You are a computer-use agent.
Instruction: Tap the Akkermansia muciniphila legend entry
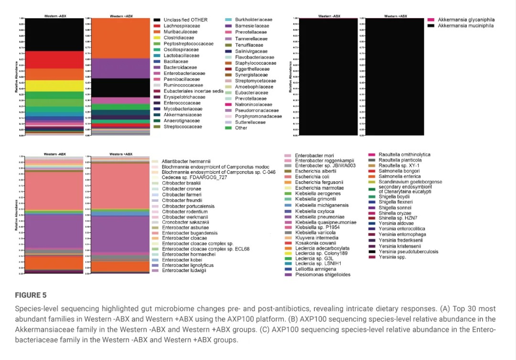coord(466,26)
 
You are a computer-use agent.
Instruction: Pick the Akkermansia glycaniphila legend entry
coord(466,20)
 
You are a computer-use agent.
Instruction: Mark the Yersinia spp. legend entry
coord(392,257)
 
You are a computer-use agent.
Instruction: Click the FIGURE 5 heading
coord(31,295)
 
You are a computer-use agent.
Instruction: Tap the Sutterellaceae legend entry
coord(250,122)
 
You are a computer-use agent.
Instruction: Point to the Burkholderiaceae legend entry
coord(254,20)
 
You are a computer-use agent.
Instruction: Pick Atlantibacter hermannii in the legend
coord(186,161)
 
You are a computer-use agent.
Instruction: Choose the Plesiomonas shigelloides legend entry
coord(322,275)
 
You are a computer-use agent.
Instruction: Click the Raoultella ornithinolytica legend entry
coord(404,154)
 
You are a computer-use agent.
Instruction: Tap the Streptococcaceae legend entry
coord(176,127)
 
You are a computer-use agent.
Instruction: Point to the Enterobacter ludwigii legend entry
coord(184,271)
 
